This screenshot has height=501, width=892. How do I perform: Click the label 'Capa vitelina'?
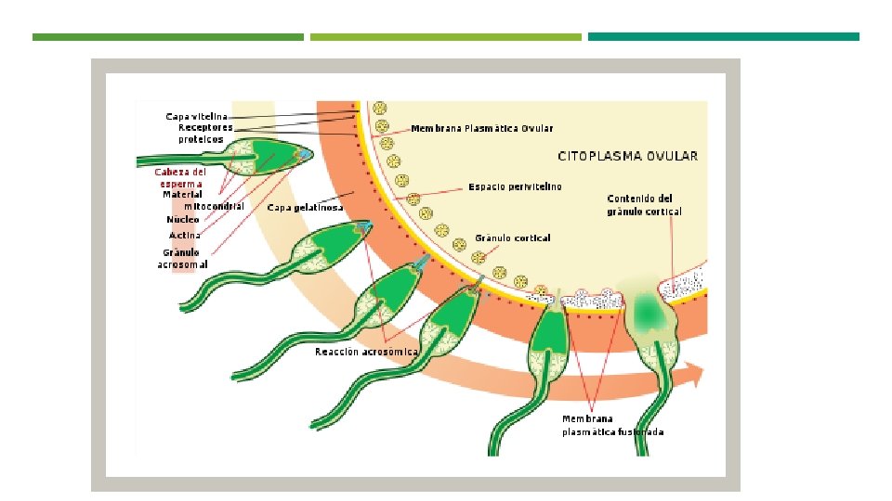point(196,117)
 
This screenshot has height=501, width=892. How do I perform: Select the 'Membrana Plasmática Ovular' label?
point(482,128)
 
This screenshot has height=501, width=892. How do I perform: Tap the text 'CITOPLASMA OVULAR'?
point(627,156)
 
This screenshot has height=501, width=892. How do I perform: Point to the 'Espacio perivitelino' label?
point(515,186)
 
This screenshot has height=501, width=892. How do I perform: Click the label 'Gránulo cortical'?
point(513,238)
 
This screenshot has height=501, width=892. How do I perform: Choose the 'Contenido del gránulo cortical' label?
point(644,205)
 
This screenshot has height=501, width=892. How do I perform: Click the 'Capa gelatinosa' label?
point(305,207)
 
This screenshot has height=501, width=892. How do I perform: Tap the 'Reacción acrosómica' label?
point(366,352)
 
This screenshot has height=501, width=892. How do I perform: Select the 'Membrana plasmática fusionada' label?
point(612,426)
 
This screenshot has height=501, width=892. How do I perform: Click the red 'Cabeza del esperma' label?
point(180,178)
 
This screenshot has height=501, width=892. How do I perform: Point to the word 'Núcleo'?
point(183,219)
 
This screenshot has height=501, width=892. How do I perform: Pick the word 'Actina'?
point(185,235)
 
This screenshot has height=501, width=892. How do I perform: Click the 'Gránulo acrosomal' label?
point(182,259)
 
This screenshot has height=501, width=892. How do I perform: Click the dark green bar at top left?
point(168,37)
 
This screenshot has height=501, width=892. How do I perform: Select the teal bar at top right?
point(724,37)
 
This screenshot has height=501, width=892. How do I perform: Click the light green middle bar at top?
point(445,37)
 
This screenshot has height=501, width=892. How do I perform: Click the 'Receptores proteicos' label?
point(204,134)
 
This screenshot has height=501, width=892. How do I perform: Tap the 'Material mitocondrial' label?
point(203,200)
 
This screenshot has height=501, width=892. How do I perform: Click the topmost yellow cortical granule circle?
point(380,108)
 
